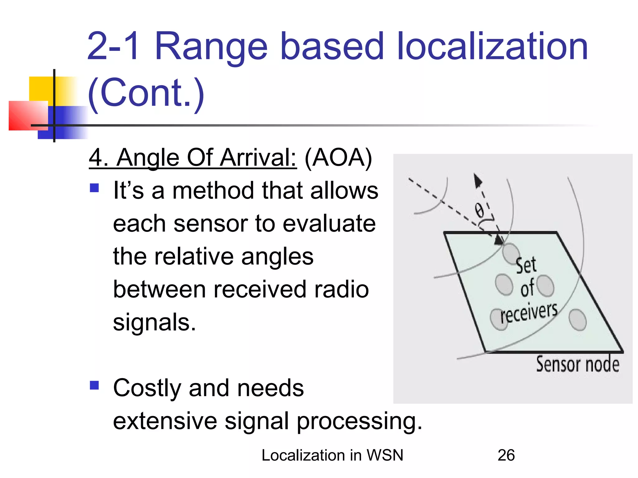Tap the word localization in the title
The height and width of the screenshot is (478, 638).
point(492,47)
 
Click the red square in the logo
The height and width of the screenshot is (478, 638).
point(28,115)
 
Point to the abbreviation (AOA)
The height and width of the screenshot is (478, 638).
point(338,158)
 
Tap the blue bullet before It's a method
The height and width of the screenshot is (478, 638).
point(94,188)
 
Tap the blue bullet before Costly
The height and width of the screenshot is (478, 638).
point(94,385)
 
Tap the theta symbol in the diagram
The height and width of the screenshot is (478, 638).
point(479,210)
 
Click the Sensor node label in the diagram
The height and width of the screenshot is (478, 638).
point(577,364)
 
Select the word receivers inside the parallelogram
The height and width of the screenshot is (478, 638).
point(529,312)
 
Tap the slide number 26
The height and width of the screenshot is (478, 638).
point(506,455)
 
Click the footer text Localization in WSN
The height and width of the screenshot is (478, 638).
point(332,455)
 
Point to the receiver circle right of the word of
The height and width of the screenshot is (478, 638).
point(545,286)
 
